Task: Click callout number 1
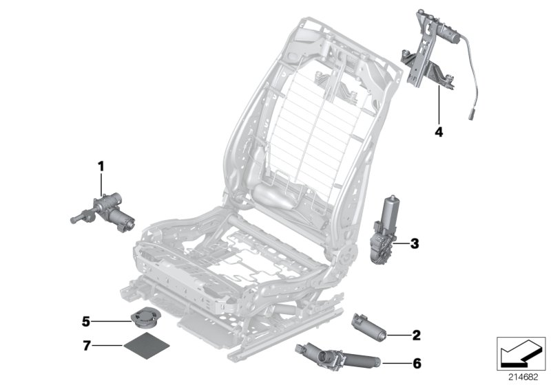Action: tap(101, 165)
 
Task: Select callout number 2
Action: tap(415, 335)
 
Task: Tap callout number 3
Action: tap(414, 243)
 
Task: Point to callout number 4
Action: tap(437, 129)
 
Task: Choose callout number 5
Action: tap(86, 320)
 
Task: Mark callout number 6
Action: tap(415, 362)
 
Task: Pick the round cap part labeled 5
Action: tap(143, 320)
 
